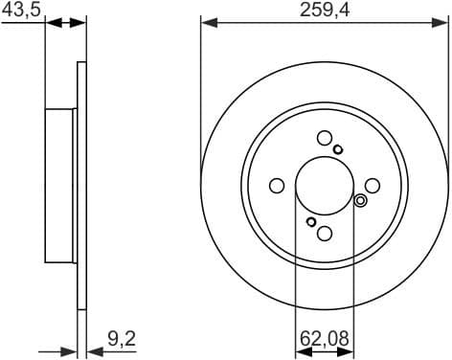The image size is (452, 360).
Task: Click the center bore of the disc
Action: [325, 186]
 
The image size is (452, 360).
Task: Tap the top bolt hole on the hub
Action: [325, 138]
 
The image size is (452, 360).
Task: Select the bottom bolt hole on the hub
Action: [325, 234]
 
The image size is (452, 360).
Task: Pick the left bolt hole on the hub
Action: [277, 186]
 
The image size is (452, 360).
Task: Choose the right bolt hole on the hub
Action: [373, 186]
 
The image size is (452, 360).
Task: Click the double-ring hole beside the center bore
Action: [360, 200]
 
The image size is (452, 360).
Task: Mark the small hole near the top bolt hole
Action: [339, 148]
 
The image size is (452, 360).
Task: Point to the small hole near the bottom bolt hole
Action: [310, 222]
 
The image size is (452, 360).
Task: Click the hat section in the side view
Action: [60, 185]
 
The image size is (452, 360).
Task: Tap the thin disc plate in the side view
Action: [81, 185]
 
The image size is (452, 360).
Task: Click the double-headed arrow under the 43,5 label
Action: [66, 23]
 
